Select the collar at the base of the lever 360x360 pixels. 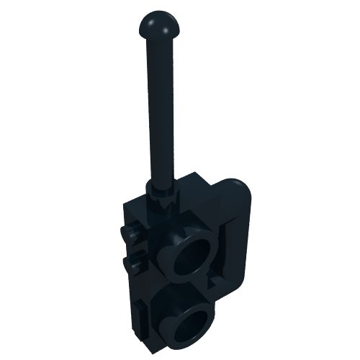(161, 192)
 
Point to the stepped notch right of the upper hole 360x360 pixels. (216, 276)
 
